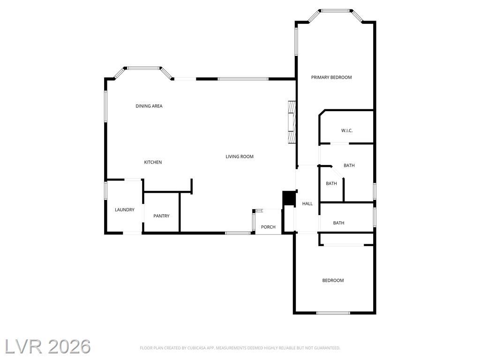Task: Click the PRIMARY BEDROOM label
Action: point(331,77)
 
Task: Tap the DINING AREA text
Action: point(149,106)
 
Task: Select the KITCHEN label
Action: point(153,162)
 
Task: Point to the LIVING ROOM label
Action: point(240,157)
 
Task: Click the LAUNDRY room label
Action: point(125,210)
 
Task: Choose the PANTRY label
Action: point(161,216)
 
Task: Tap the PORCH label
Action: point(268,227)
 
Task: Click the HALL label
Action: point(307,203)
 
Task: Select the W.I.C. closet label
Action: point(347,131)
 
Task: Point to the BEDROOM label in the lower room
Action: point(333,280)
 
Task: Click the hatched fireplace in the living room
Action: point(292,121)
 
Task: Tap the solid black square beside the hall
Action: point(288,198)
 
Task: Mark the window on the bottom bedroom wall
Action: point(333,313)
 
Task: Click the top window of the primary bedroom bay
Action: point(336,11)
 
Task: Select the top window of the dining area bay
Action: point(143,68)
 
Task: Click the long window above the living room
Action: point(243,79)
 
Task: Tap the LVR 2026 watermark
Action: point(48,346)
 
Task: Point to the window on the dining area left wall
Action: point(105,106)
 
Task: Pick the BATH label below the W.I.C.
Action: point(349,165)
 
